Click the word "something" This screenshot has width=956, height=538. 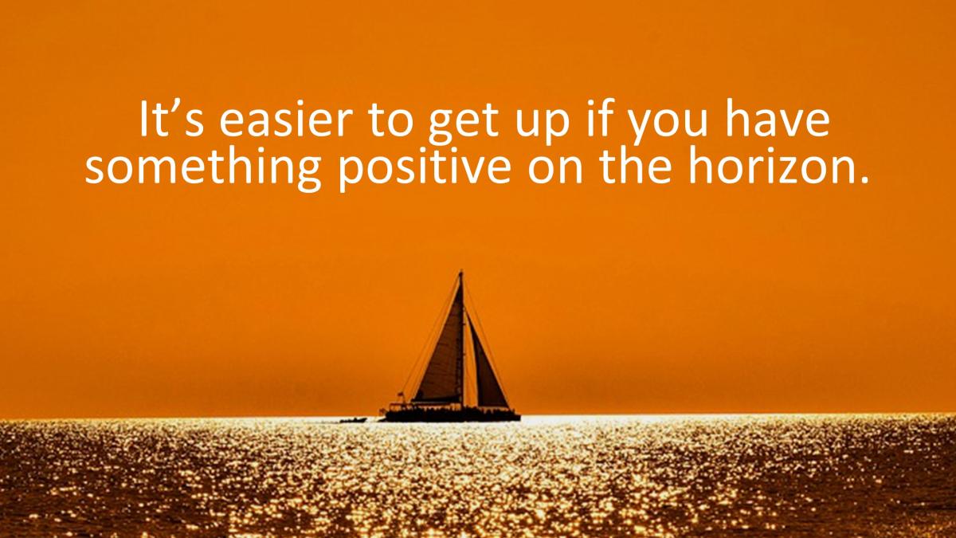coord(202,169)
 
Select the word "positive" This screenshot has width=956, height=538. coord(425,169)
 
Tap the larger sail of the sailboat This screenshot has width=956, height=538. coord(441,355)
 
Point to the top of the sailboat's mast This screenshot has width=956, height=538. coord(461,272)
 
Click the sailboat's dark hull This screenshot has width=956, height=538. coord(453,415)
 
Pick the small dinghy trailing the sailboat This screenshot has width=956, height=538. coord(353,420)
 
